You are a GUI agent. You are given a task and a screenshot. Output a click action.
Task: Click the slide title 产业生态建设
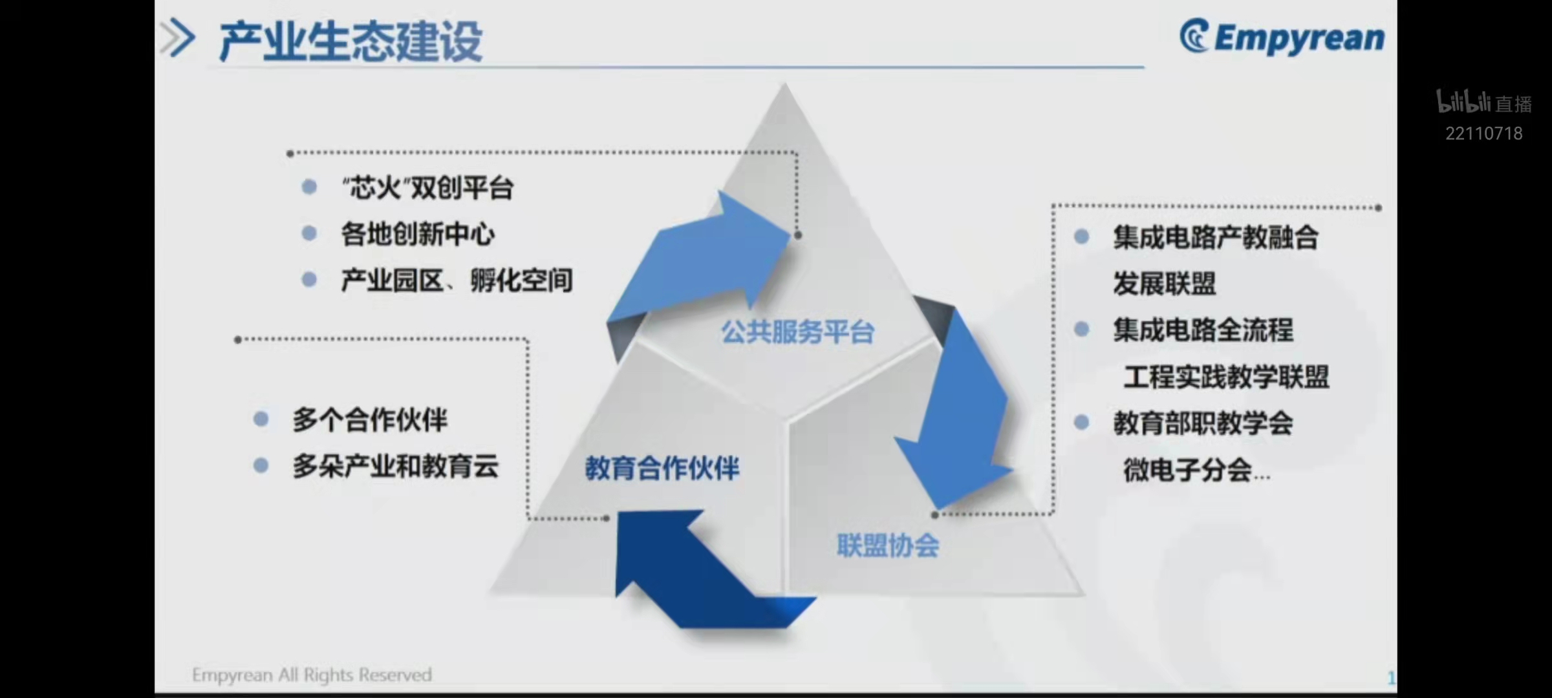[350, 41]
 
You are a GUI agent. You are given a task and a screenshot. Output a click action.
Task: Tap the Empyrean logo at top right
[1282, 37]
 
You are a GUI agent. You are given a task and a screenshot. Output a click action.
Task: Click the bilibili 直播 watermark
[1484, 102]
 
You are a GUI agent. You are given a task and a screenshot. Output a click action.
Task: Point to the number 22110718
[1484, 133]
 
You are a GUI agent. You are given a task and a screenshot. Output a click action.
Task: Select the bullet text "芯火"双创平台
[427, 188]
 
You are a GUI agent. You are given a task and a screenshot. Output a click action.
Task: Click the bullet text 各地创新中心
[418, 234]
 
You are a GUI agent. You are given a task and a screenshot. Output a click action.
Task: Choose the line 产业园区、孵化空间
[457, 280]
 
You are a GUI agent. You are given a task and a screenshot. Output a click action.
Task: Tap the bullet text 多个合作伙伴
[370, 419]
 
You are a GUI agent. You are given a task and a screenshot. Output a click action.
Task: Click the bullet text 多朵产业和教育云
[396, 466]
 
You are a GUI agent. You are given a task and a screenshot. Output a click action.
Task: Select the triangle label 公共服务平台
[798, 332]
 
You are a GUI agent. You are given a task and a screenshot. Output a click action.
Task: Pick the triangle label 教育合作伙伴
[662, 469]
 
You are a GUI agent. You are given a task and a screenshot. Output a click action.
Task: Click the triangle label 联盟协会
[889, 545]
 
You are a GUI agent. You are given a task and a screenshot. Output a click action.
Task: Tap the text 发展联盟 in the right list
[1165, 283]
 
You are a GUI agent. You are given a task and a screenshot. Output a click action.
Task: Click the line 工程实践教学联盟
[1227, 377]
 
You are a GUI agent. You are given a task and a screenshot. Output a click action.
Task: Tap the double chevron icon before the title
[177, 38]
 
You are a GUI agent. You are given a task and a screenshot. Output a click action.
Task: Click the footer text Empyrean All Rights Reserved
[312, 675]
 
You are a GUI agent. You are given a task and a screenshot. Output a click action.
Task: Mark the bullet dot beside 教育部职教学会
[1081, 423]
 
